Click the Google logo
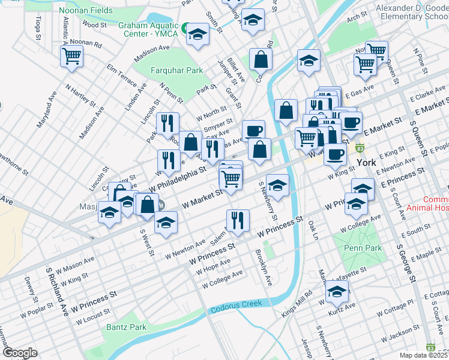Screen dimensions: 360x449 [19, 353]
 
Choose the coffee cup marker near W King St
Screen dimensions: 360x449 [335, 154]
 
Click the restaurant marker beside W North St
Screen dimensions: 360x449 [167, 123]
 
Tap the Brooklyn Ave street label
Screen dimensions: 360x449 [264, 267]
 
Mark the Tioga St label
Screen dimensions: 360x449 [38, 28]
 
